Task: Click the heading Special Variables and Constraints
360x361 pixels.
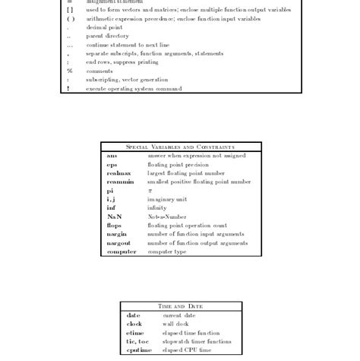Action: (x=180, y=147)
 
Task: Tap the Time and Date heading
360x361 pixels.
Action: (x=180, y=306)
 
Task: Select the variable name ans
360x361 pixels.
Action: (x=112, y=156)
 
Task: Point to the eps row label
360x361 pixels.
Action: (x=112, y=164)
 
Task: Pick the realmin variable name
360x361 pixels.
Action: (x=120, y=182)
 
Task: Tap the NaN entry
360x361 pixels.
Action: (x=114, y=217)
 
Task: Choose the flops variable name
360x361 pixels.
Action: (x=114, y=225)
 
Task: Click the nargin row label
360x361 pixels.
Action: (x=116, y=234)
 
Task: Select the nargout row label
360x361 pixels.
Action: (x=118, y=243)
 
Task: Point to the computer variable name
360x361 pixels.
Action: (x=122, y=252)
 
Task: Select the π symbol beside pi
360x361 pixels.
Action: (x=150, y=191)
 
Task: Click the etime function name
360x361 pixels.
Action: (x=134, y=333)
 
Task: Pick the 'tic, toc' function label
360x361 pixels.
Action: (x=137, y=341)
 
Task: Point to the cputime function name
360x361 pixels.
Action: (x=139, y=350)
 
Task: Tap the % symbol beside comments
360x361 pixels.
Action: (x=69, y=71)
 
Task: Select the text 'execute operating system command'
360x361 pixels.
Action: (x=134, y=88)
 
